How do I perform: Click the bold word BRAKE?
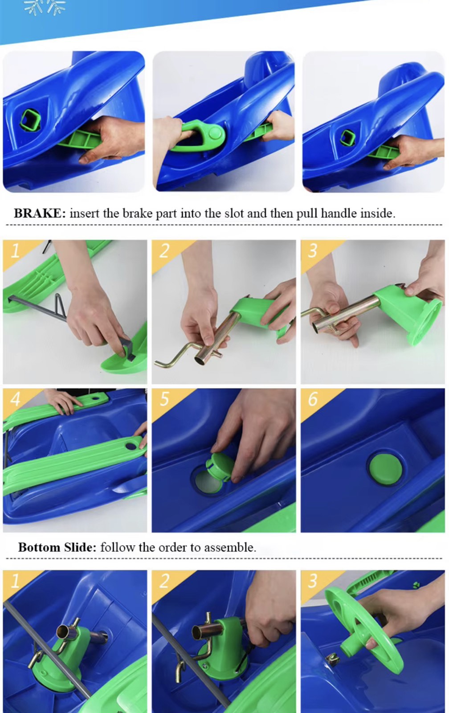tap(40, 213)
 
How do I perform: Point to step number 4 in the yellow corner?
tap(15, 398)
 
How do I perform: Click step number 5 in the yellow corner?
tap(164, 398)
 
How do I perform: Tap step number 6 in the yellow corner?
tap(313, 398)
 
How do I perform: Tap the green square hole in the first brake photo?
tap(30, 120)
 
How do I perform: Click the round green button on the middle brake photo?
tap(215, 132)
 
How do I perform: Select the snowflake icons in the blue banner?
tap(45, 7)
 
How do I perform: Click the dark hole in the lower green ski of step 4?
tap(130, 446)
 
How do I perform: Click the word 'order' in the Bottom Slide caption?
tap(173, 548)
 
